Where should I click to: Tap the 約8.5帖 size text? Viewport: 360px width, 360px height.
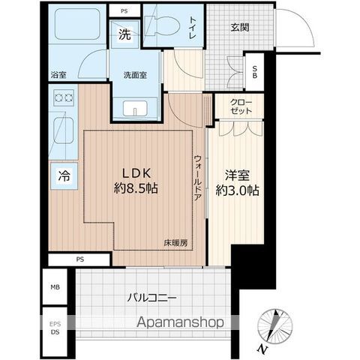pos(136,187)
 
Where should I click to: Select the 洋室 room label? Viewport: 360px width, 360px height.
pos(237,175)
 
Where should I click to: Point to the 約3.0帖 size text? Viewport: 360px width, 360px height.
pos(237,190)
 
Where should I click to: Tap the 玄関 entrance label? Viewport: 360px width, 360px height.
pos(240,28)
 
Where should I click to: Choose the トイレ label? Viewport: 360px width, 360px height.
pos(194,22)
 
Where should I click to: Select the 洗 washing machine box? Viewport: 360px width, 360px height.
pos(124,33)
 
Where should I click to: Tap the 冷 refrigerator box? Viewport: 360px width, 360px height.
pos(64,177)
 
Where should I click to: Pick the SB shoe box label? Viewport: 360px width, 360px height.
pos(255,72)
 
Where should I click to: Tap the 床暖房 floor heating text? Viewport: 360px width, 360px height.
pos(176,242)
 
